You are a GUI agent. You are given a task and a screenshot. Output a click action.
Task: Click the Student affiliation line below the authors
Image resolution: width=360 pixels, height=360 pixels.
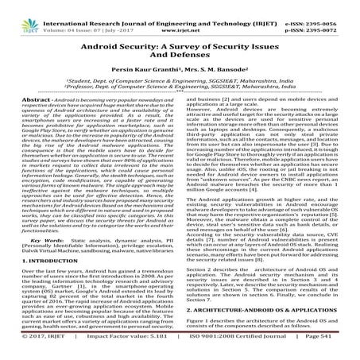[x=180, y=82]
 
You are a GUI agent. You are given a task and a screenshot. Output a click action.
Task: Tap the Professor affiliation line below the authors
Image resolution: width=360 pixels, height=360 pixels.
[x=180, y=90]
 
